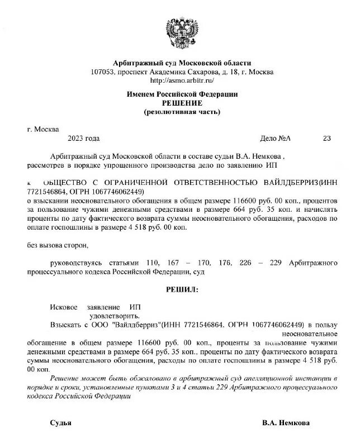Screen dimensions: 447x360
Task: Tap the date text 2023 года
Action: [83, 139]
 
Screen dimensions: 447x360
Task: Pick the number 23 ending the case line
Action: [327, 139]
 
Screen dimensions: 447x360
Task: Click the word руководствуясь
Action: [75, 262]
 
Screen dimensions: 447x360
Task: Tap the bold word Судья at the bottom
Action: [61, 423]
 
